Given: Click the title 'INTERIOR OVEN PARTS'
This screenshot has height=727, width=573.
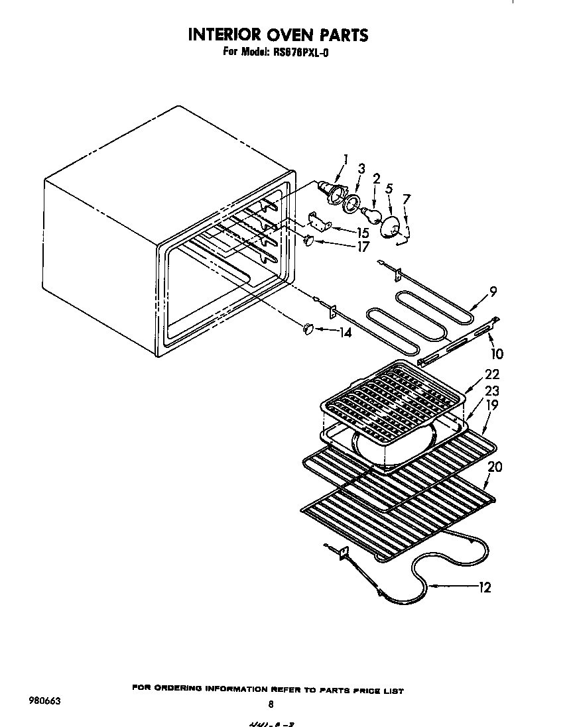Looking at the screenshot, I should click(278, 34).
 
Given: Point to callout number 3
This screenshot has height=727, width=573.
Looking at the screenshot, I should click(361, 170).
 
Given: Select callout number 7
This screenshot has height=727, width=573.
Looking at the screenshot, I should click(407, 198).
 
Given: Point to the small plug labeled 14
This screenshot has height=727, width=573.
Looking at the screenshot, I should click(308, 328).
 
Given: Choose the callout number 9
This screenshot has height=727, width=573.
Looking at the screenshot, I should click(493, 290).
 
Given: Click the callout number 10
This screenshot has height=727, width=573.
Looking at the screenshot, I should click(496, 355).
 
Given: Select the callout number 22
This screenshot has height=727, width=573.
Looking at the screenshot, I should click(491, 374).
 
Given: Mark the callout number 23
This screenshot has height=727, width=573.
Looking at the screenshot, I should click(491, 391).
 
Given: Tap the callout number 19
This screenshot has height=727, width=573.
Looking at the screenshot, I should click(491, 405).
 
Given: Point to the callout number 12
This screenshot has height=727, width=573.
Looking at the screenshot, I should click(484, 587).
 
